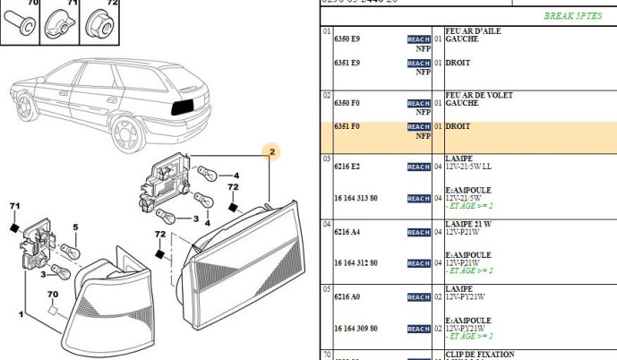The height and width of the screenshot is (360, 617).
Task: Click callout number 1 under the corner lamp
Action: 20,314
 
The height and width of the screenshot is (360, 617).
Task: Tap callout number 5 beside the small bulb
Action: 75,227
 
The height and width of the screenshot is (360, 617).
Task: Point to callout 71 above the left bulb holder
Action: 14,207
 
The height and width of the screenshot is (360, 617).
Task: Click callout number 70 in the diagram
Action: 52,294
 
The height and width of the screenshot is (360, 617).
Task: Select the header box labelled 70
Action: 34,4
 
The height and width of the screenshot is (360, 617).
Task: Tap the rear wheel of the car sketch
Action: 129,138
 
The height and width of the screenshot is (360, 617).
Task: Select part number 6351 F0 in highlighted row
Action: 347,127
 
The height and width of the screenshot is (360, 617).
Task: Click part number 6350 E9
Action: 347,40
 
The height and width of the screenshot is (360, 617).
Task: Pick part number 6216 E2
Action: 347,167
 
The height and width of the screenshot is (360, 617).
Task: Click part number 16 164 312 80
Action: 356,263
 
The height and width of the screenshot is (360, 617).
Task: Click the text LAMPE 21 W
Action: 468,224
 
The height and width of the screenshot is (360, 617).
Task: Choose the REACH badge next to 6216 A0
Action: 418,297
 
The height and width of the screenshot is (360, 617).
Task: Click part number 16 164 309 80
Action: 356,329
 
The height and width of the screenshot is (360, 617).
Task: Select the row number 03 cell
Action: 327,159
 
